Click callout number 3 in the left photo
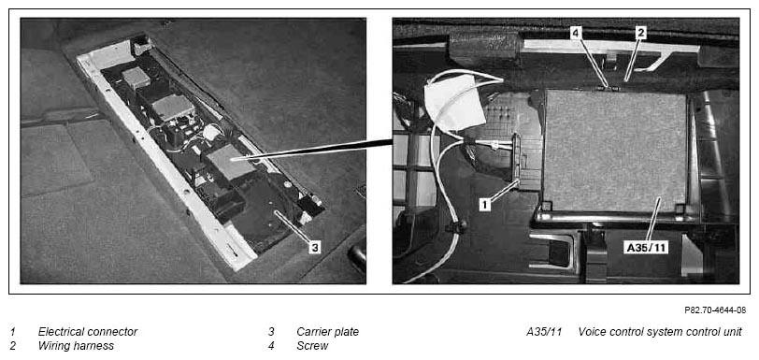[315, 248]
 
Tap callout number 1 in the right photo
[485, 205]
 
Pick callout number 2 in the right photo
[640, 33]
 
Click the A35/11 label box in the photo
[647, 248]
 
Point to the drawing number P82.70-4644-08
[715, 310]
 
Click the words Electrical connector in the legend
[88, 332]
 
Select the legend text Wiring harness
[76, 345]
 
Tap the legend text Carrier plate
[328, 332]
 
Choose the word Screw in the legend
[312, 345]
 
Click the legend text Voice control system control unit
[660, 332]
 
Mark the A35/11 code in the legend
[544, 332]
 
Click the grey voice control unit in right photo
[616, 151]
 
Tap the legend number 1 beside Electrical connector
[12, 332]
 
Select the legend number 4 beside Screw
[272, 345]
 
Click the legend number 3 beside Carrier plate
[272, 332]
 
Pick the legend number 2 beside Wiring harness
[12, 345]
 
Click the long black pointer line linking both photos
[311, 151]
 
